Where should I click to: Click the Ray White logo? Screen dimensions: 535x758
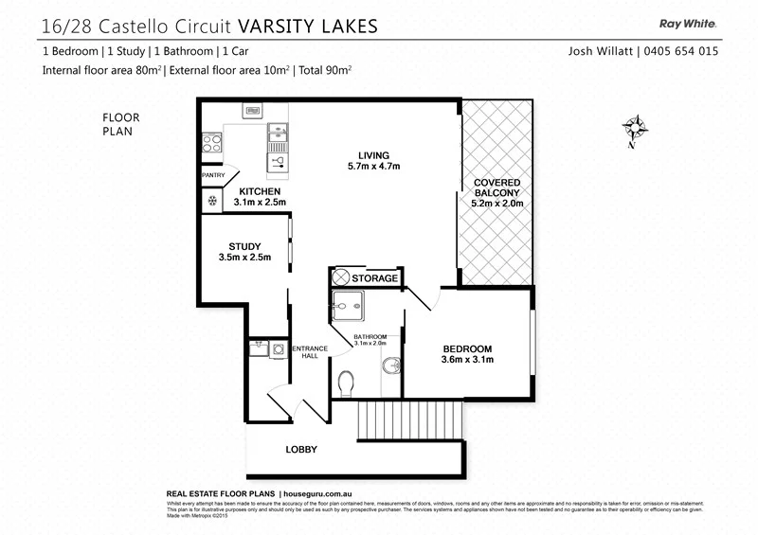point(690,25)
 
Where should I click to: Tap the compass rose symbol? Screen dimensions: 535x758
point(635,128)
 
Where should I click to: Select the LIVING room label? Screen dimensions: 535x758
point(373,155)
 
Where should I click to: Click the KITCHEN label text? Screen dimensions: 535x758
point(260,191)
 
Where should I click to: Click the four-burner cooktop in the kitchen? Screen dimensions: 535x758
point(212,143)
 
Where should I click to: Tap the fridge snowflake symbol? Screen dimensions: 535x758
point(210,202)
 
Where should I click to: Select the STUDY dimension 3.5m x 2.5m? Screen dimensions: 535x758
point(244,257)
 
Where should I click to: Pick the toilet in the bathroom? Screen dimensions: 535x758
point(347,382)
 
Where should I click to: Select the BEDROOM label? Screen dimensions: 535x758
point(467,349)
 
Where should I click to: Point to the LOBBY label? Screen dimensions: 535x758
point(301,450)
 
